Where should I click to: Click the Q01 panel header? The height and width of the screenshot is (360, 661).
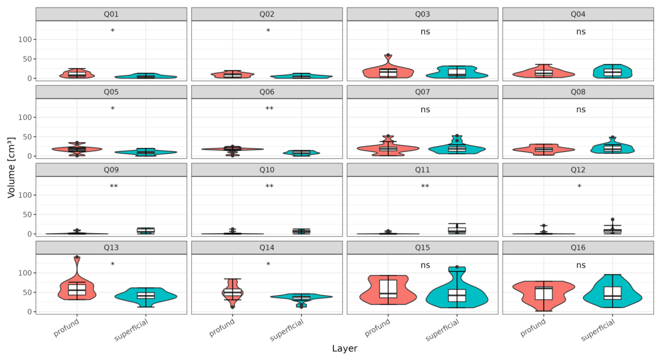click(x=111, y=15)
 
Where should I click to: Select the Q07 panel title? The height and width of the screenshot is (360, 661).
click(x=423, y=92)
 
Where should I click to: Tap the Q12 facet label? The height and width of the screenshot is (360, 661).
click(x=578, y=170)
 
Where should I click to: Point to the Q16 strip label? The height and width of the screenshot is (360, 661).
click(x=578, y=248)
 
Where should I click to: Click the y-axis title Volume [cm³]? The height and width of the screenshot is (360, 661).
click(x=11, y=167)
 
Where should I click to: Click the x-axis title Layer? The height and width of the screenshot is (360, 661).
click(x=344, y=348)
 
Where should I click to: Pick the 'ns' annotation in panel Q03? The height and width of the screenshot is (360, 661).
click(x=425, y=32)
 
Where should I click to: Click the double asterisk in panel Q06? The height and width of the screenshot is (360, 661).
click(x=269, y=109)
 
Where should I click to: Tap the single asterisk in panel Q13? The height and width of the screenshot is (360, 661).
click(x=113, y=264)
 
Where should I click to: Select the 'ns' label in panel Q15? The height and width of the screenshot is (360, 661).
click(x=425, y=265)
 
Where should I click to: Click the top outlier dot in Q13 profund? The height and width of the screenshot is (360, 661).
click(x=77, y=257)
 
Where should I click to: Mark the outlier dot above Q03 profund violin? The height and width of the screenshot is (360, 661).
click(x=388, y=55)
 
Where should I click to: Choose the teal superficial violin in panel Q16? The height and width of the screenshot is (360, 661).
click(x=612, y=291)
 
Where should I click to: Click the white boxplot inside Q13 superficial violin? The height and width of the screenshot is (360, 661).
click(x=146, y=296)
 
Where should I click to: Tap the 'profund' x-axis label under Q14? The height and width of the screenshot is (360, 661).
click(x=222, y=328)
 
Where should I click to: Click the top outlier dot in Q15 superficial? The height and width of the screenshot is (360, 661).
click(x=457, y=267)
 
